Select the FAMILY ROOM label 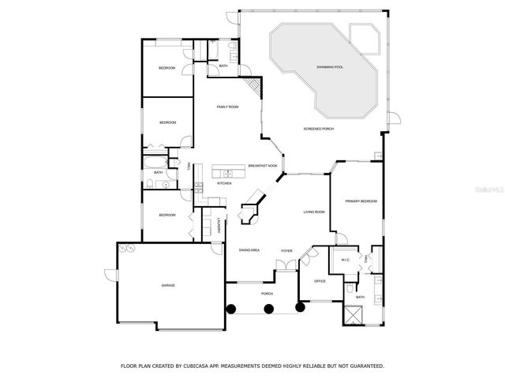pyautogui.click(x=228, y=107)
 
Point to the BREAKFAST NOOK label pyautogui.click(x=262, y=166)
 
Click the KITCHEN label pyautogui.click(x=224, y=183)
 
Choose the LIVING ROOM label pyautogui.click(x=315, y=212)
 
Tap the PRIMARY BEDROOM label pyautogui.click(x=361, y=201)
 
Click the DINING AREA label pyautogui.click(x=249, y=250)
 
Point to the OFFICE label pyautogui.click(x=320, y=280)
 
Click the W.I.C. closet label pyautogui.click(x=345, y=260)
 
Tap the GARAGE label pyautogui.click(x=168, y=285)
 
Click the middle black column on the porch pyautogui.click(x=268, y=308)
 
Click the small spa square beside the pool pyautogui.click(x=365, y=36)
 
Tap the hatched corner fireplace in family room pyautogui.click(x=252, y=84)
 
